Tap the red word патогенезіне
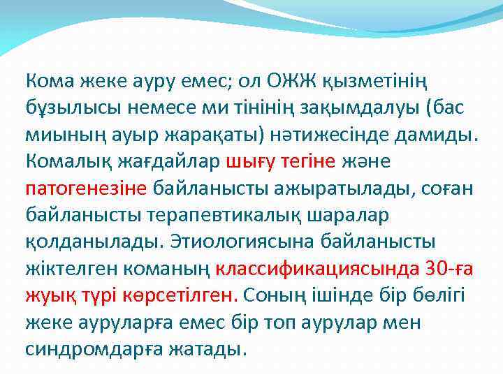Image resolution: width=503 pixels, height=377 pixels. coord(86,189)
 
